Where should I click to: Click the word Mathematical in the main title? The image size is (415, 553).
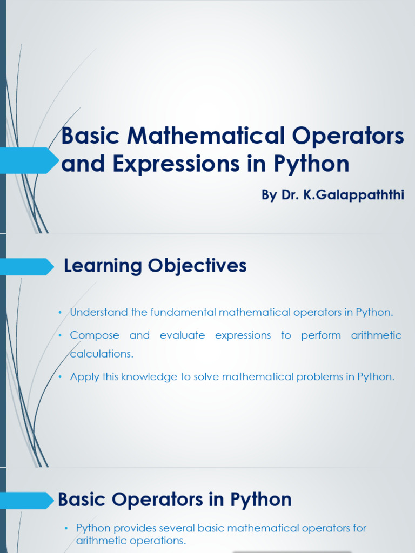point(206,136)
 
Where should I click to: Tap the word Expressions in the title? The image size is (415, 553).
point(176,164)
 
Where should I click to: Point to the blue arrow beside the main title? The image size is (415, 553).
point(28,160)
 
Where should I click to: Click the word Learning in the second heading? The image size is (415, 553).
point(103,266)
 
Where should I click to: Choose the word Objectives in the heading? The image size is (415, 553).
point(197,266)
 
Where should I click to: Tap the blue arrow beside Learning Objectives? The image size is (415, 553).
point(26,267)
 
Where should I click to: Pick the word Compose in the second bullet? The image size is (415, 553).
point(95,335)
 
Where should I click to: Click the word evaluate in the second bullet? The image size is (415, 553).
point(183,335)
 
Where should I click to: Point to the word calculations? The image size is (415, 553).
point(102,354)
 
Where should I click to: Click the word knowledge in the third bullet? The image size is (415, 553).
point(149,377)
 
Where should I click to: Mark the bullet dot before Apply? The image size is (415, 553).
point(61,377)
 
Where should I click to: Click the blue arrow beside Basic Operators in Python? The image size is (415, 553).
point(27,501)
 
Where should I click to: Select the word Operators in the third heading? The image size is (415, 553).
point(157,500)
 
